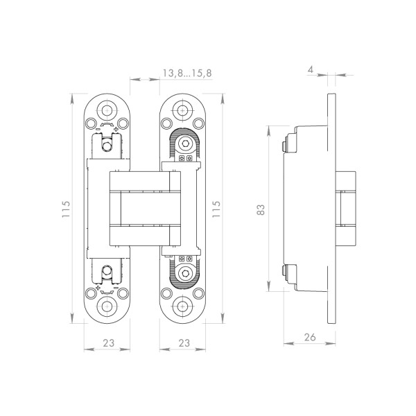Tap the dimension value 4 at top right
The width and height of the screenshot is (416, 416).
(x=311, y=69)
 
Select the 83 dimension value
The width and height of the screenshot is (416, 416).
(x=261, y=209)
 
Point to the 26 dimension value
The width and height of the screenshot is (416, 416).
(x=309, y=338)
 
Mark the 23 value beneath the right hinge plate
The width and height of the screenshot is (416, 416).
(x=183, y=343)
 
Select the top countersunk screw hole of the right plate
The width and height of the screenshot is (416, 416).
(x=182, y=110)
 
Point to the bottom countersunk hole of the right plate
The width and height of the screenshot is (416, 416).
(x=182, y=306)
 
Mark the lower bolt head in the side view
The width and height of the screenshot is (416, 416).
(x=284, y=271)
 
